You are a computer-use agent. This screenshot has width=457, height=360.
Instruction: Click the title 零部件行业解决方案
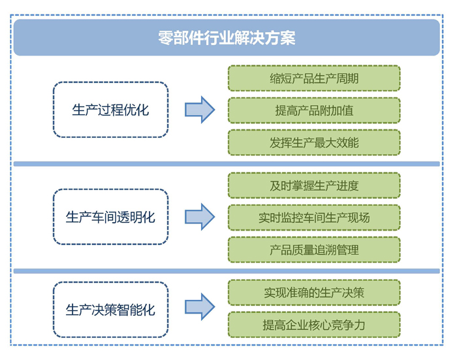point(227,38)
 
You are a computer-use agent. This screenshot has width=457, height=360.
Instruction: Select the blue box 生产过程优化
point(110,110)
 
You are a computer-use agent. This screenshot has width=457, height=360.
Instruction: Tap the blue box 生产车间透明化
point(110,217)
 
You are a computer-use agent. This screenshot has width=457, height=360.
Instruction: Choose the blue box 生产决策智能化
point(110,309)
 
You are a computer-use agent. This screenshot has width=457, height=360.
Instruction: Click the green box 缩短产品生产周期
point(313,78)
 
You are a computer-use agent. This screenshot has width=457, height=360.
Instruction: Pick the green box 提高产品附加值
point(313,110)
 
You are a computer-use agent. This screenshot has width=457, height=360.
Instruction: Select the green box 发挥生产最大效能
point(313,142)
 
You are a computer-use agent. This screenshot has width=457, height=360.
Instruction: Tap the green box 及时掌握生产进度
point(313,186)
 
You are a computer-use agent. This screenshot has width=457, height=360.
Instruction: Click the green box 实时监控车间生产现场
point(313,218)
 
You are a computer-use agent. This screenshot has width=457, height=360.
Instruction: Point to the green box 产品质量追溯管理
point(313,250)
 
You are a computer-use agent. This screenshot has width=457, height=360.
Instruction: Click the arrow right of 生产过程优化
point(199,110)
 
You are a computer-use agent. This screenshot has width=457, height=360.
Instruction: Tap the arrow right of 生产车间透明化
point(199,217)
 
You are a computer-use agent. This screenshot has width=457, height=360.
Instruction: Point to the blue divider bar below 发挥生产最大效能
point(227,164)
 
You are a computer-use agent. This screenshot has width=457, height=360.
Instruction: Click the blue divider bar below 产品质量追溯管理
point(227,271)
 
